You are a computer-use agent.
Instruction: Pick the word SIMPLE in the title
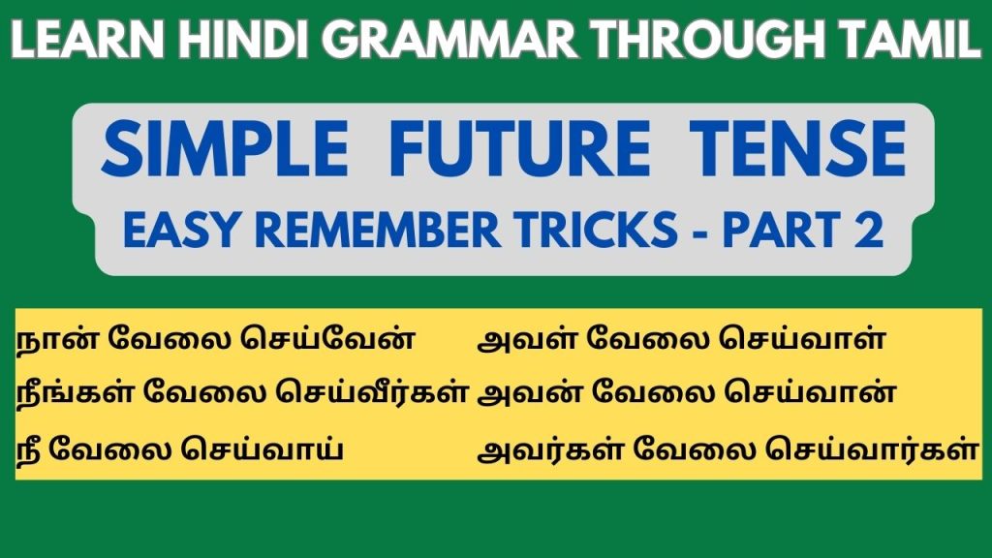pos(225,148)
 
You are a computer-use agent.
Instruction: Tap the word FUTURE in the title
pos(519,148)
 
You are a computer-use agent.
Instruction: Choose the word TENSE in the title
pos(797,148)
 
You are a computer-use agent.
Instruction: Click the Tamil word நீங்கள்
pos(74,392)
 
